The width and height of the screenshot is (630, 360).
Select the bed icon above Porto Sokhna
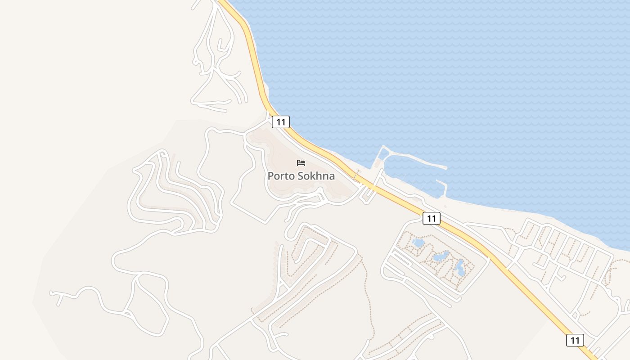pyautogui.click(x=301, y=163)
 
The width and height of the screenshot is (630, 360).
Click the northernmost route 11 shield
pyautogui.click(x=281, y=121)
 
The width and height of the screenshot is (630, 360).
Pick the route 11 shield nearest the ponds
pyautogui.click(x=431, y=218)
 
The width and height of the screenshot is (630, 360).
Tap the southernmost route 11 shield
pyautogui.click(x=575, y=340)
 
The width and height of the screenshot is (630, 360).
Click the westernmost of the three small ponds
pyautogui.click(x=418, y=243)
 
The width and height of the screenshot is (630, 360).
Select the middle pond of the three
pyautogui.click(x=440, y=257)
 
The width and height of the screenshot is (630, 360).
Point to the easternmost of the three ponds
pyautogui.click(x=460, y=268)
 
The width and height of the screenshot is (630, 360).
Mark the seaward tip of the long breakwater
pyautogui.click(x=445, y=168)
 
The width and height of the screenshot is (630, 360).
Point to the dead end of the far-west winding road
pyautogui.click(x=51, y=293)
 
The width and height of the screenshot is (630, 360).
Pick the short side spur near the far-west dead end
pyautogui.click(x=58, y=301)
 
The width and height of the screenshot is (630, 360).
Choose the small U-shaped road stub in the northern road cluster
pyautogui.click(x=221, y=45)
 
